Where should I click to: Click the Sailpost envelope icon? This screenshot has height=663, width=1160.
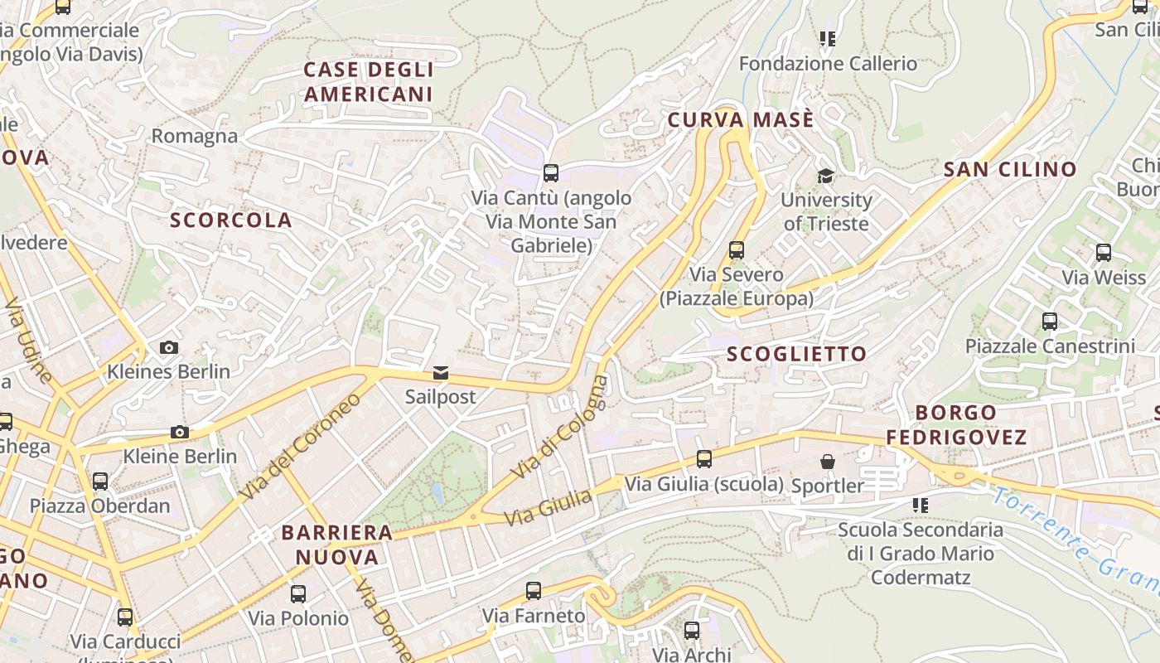tap(441, 373)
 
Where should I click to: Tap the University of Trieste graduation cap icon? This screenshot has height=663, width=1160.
tap(825, 176)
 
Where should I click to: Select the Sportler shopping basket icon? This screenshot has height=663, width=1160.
tap(827, 462)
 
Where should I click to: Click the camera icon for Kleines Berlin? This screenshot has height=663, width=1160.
tap(169, 347)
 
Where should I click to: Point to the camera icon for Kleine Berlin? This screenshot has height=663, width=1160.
tap(179, 432)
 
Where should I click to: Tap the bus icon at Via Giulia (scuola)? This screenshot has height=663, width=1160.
tap(704, 458)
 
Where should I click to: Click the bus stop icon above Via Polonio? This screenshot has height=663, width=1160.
tap(298, 593)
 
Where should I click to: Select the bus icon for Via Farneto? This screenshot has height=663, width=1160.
tap(534, 591)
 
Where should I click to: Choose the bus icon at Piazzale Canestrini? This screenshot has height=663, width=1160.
tap(1050, 322)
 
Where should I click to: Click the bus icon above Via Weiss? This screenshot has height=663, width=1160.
tap(1104, 253)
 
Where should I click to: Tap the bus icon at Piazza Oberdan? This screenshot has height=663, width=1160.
tap(100, 481)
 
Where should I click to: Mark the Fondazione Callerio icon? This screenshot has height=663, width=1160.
tap(827, 38)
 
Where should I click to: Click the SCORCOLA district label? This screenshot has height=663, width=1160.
tap(231, 220)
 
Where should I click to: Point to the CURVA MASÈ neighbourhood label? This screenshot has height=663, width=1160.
tap(741, 120)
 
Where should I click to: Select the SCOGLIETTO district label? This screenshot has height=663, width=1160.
tap(796, 354)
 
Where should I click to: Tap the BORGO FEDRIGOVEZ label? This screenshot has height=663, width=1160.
tap(956, 424)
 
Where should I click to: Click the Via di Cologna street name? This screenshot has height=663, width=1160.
tap(560, 427)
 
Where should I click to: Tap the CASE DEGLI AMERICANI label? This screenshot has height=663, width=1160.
tap(368, 81)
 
